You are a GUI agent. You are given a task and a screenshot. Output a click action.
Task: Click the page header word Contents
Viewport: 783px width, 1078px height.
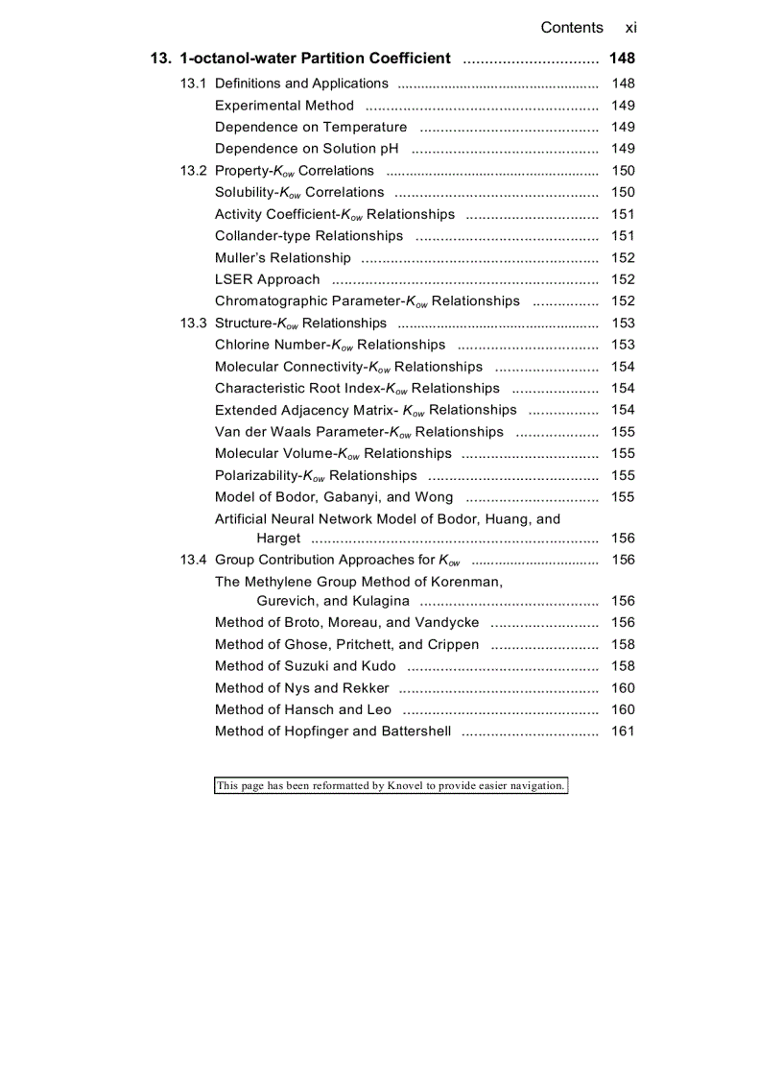point(572,28)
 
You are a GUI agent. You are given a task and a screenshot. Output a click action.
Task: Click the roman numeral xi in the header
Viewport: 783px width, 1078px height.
point(630,28)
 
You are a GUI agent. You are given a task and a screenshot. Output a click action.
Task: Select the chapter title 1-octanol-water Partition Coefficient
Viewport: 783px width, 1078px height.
point(315,59)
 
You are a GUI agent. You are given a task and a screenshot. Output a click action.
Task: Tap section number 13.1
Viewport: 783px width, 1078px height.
point(193,84)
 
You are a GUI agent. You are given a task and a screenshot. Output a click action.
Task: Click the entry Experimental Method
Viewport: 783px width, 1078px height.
point(284,106)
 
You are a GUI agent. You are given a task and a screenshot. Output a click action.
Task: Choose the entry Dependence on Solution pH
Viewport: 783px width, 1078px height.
point(307,149)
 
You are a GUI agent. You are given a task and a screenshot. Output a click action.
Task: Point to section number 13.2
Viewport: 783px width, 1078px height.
point(193,171)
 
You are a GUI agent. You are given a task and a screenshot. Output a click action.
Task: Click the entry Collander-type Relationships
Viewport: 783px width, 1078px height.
point(309,236)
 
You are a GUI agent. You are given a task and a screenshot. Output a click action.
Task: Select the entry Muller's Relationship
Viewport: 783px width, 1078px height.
point(283,258)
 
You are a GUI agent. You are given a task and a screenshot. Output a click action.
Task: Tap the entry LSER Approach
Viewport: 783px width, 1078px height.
point(268,279)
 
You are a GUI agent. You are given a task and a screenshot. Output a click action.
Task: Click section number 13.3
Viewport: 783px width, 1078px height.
point(193,323)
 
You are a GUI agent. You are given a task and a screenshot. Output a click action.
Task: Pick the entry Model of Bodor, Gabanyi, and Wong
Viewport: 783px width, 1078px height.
point(334,497)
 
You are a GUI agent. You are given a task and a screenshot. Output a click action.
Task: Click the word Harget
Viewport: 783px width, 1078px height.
point(278,539)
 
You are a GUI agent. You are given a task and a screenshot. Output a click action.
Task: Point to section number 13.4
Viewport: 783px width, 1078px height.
point(193,560)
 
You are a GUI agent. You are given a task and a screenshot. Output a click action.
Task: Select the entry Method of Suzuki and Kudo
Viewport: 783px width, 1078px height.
point(305,666)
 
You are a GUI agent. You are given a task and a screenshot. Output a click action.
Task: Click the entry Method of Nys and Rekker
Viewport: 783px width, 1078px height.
point(302,688)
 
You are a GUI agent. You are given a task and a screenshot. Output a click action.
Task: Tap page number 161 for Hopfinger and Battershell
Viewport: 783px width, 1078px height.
point(623,731)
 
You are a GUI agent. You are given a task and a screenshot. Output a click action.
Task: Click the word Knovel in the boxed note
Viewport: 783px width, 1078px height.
point(406,786)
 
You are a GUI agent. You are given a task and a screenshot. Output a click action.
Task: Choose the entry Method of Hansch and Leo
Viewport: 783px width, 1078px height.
point(303,710)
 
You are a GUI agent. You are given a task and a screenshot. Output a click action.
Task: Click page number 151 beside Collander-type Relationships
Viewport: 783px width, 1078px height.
point(623,236)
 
